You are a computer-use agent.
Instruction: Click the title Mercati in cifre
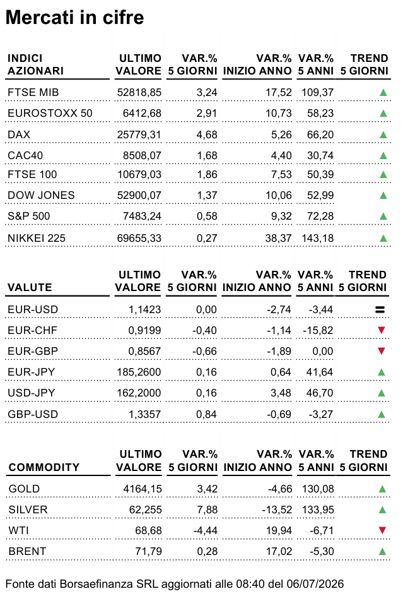(75, 18)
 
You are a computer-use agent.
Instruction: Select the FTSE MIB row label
(33, 92)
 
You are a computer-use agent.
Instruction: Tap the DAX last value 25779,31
(139, 134)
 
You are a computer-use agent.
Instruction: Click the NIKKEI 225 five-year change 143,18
(317, 238)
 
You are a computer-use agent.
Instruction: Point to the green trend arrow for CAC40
(383, 155)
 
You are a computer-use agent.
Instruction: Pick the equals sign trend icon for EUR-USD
(380, 310)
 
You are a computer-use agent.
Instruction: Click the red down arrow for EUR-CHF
(382, 330)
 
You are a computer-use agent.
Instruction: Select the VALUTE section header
(30, 287)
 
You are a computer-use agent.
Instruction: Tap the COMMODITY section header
(44, 467)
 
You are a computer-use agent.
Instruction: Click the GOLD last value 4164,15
(143, 489)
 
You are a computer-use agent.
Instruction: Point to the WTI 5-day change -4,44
(205, 530)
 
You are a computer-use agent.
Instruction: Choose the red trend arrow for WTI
(382, 530)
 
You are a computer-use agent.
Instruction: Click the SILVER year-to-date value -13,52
(277, 510)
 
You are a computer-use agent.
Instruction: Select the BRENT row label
(27, 551)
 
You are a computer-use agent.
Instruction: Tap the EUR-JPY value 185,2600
(139, 372)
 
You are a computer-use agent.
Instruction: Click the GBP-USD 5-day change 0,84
(206, 414)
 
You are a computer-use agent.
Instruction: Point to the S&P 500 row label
(29, 217)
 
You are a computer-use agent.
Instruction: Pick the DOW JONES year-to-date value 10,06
(278, 195)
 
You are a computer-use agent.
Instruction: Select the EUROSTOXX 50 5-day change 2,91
(207, 113)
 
